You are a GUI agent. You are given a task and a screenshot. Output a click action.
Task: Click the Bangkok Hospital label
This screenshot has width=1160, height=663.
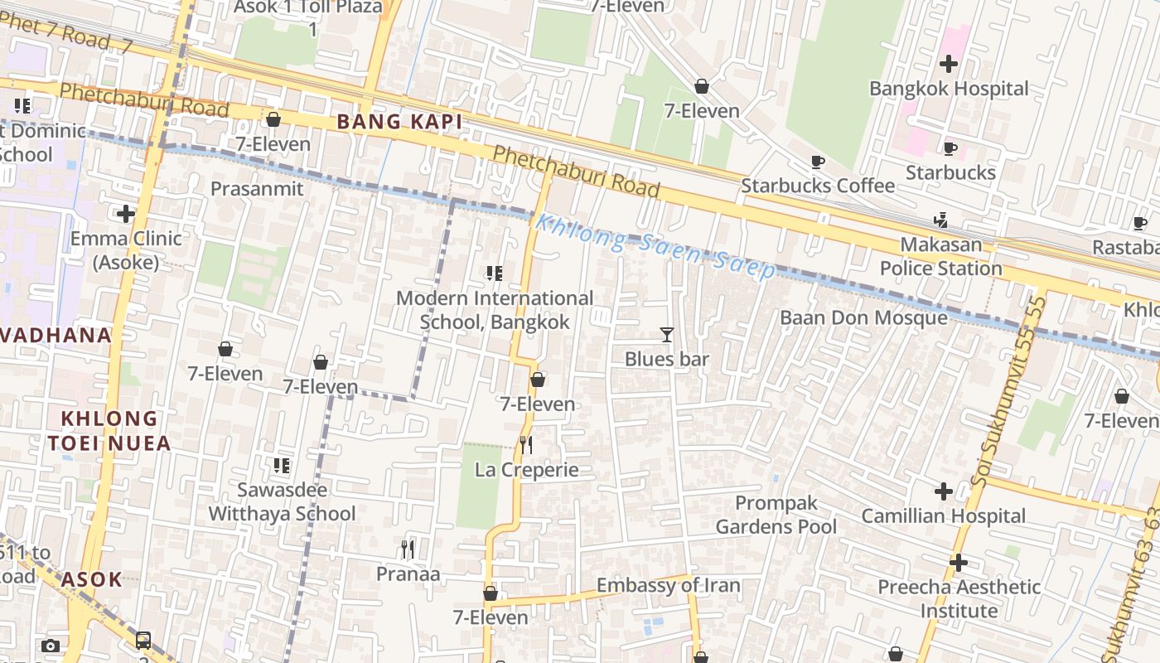pos(949,89)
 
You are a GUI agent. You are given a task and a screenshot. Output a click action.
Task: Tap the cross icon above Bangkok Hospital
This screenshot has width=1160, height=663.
pos(949,64)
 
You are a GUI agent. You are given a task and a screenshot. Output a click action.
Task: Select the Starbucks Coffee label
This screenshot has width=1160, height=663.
pos(817,186)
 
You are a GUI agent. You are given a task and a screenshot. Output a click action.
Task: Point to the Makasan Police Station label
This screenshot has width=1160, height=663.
pos(940,257)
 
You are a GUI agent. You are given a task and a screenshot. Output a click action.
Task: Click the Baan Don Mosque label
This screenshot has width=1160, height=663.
pos(863,318)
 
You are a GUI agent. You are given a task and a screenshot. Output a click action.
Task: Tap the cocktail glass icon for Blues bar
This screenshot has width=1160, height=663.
pos(667,335)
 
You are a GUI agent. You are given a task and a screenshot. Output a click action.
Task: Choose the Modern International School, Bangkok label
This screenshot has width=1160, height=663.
pos(495,310)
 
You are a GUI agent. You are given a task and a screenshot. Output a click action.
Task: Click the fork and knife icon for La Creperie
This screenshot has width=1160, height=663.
pos(526,446)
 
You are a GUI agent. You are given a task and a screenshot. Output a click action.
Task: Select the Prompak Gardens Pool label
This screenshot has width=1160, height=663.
pos(776,515)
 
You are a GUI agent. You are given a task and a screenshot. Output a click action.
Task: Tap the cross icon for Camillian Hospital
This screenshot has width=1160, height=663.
pos(944,491)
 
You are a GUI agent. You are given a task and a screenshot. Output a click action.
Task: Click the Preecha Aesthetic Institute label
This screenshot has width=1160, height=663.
pos(959,598)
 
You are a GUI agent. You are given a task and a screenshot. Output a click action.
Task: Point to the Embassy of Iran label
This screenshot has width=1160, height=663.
pos(668,585)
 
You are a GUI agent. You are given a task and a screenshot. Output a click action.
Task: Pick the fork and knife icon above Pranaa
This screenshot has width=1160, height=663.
pos(408,549)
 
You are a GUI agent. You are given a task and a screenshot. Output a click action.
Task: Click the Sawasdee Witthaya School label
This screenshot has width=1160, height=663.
pos(282,501)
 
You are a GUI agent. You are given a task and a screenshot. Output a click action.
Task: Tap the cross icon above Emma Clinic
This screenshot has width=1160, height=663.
pos(126,215)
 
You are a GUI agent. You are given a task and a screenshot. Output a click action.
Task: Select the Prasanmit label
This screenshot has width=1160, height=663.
pos(257,189)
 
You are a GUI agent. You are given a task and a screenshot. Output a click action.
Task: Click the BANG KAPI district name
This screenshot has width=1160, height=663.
pos(399,123)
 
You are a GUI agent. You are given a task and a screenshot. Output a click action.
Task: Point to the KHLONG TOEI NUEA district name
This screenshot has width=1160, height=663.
pos(109,431)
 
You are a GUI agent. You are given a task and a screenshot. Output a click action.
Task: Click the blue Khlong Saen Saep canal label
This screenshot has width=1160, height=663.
pos(655,246)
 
